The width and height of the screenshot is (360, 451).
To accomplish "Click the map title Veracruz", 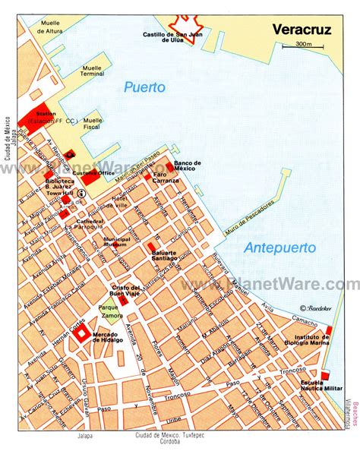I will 303,30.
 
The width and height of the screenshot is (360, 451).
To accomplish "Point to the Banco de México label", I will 186,166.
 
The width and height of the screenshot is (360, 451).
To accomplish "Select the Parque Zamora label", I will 111,311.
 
